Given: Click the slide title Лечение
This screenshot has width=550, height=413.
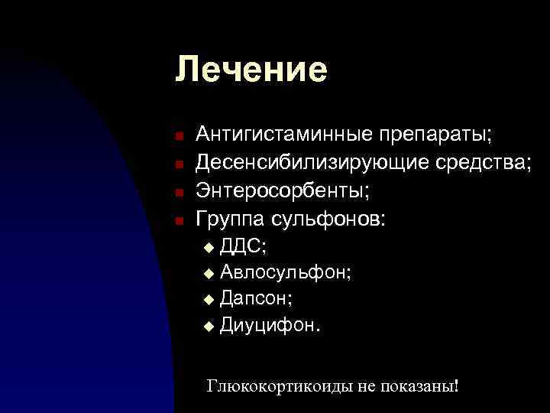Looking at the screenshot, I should coord(251,70).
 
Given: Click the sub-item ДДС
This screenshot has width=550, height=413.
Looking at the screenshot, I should coord(243,246).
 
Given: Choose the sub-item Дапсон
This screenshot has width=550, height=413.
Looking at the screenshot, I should coord(255,298).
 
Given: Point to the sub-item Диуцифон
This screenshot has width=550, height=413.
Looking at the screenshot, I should coord(270,325).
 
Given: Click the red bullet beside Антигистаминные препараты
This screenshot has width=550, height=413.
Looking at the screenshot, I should coord(177,137).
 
